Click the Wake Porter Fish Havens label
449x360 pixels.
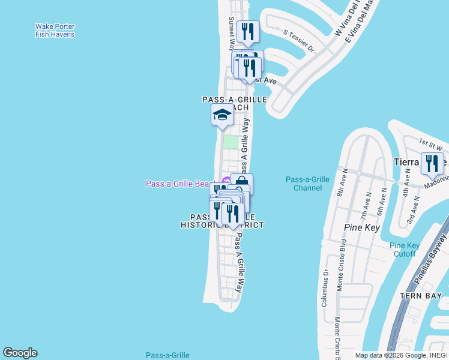point(55,31)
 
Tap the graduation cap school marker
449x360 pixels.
point(222,115)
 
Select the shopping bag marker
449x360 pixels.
point(241,184)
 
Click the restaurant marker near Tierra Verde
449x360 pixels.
point(432,164)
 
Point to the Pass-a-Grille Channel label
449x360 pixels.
point(307,184)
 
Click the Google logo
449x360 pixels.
point(20,353)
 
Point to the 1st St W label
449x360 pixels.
point(430,143)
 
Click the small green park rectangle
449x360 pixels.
point(231,142)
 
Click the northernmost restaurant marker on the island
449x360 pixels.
point(247,31)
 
